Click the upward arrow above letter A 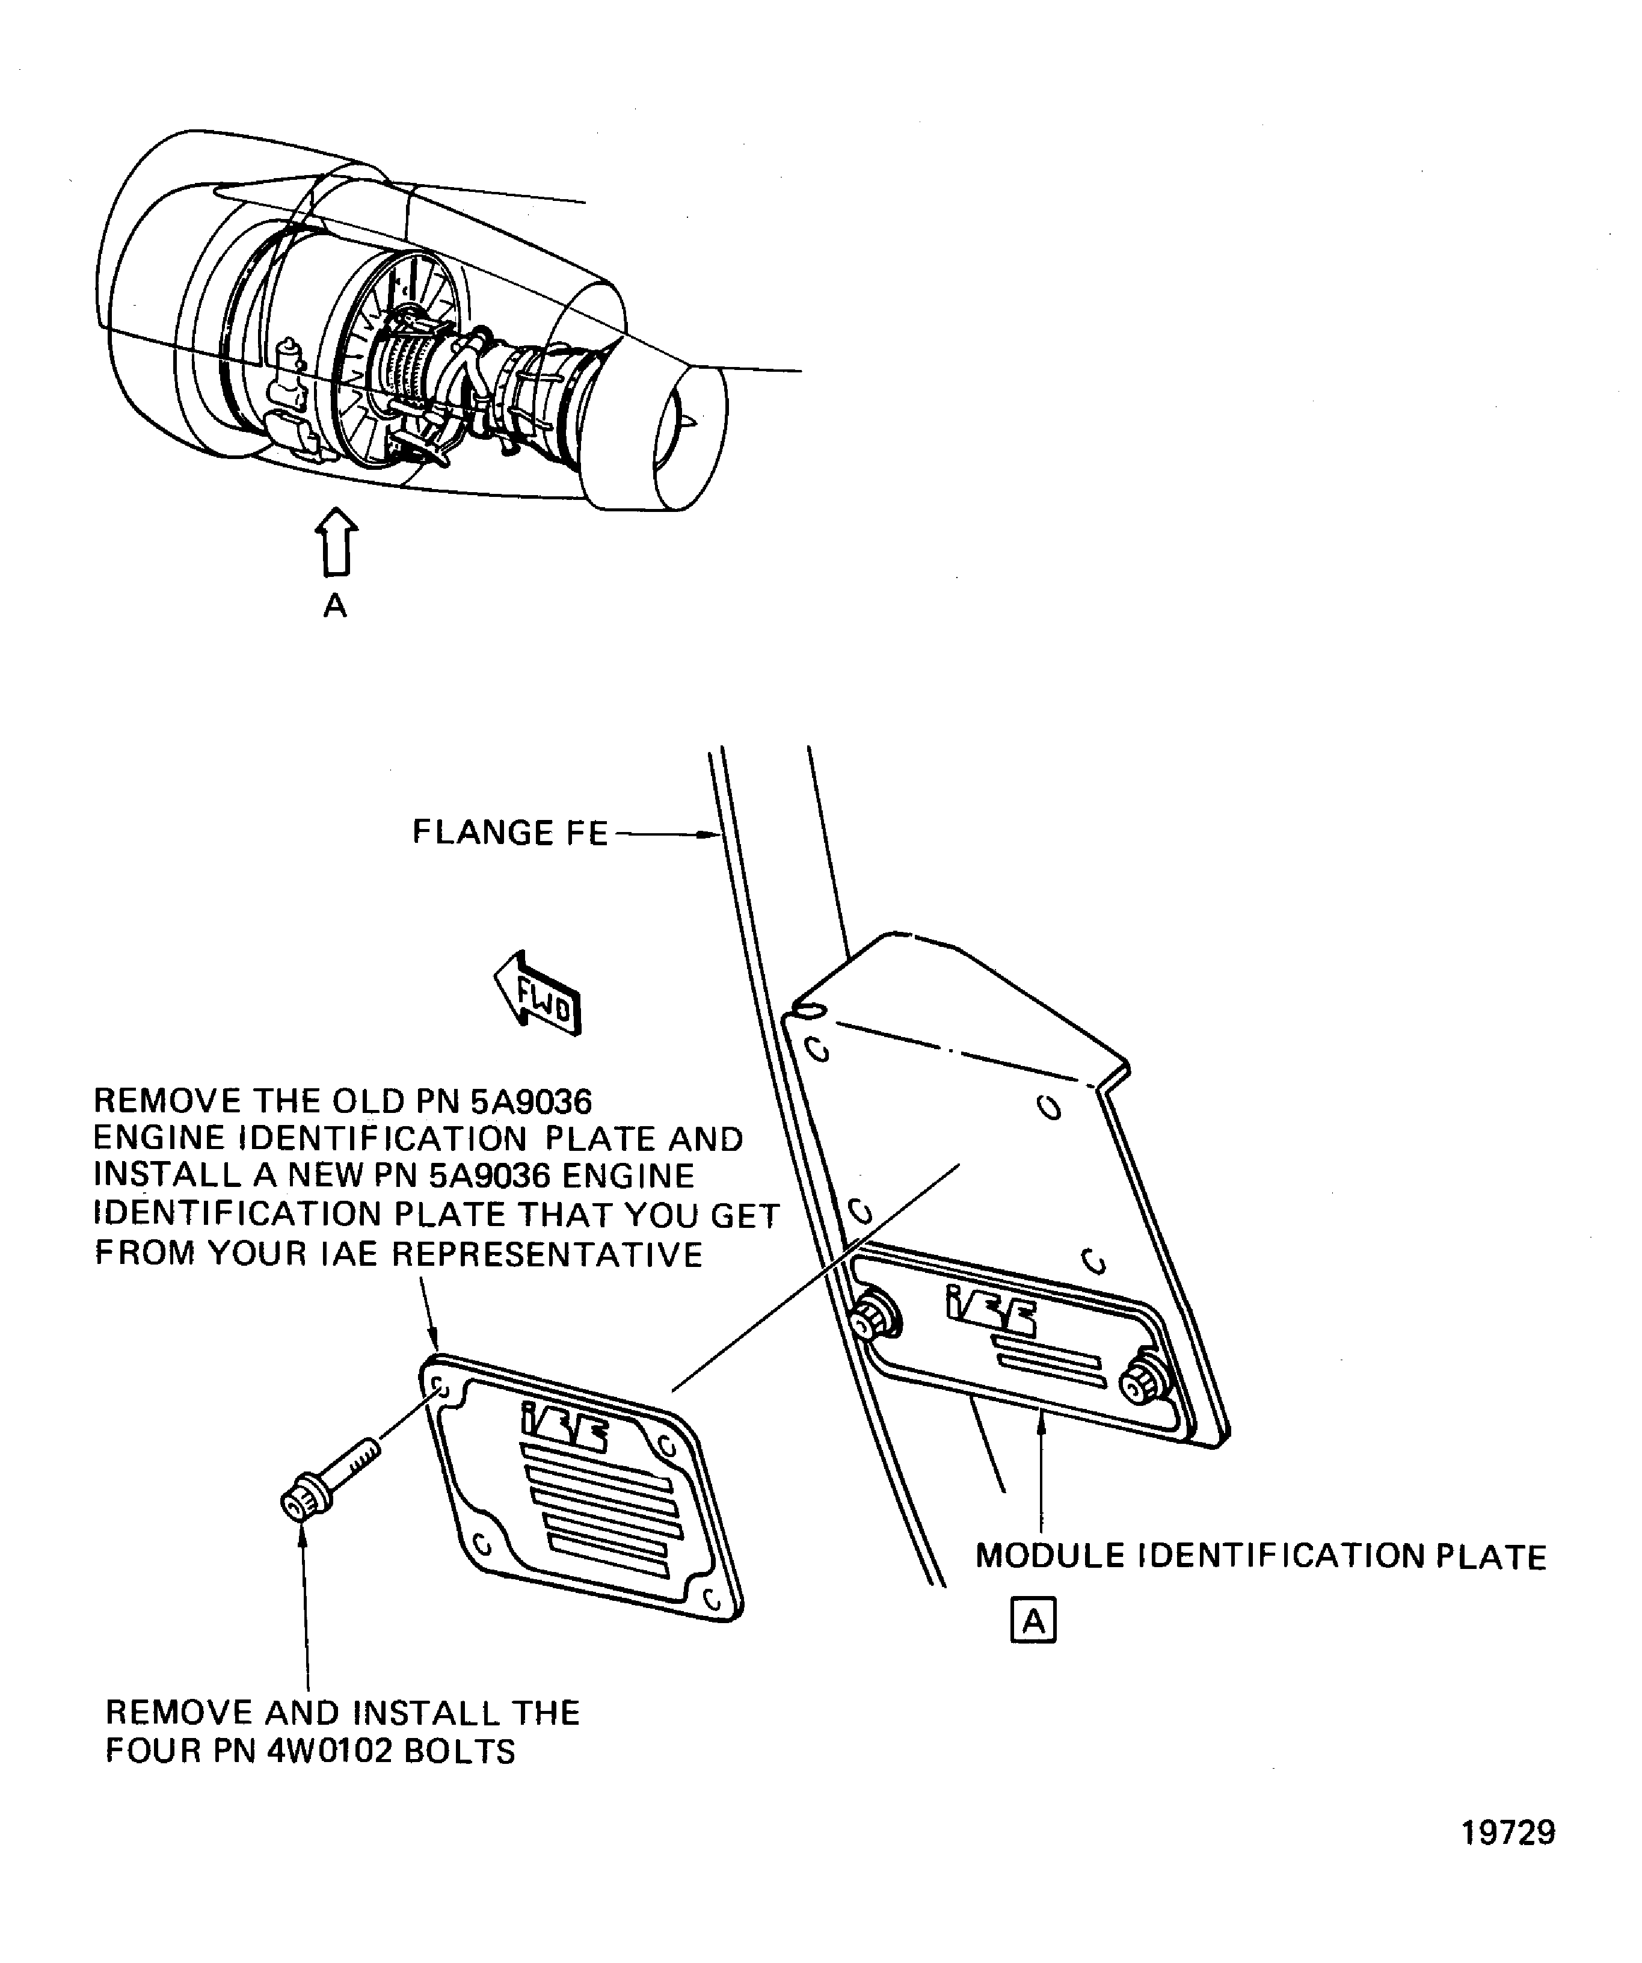pos(336,542)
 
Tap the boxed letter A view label pos(1033,1620)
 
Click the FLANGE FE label pos(510,832)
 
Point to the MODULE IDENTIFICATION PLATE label pos(1261,1556)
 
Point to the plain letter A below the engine pos(334,606)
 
